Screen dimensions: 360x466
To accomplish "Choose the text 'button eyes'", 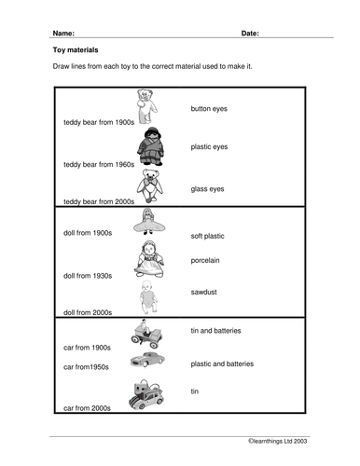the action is click(209, 109).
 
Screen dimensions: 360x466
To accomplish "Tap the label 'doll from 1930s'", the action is click(88, 277).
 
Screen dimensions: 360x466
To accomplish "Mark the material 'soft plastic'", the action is click(209, 236).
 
